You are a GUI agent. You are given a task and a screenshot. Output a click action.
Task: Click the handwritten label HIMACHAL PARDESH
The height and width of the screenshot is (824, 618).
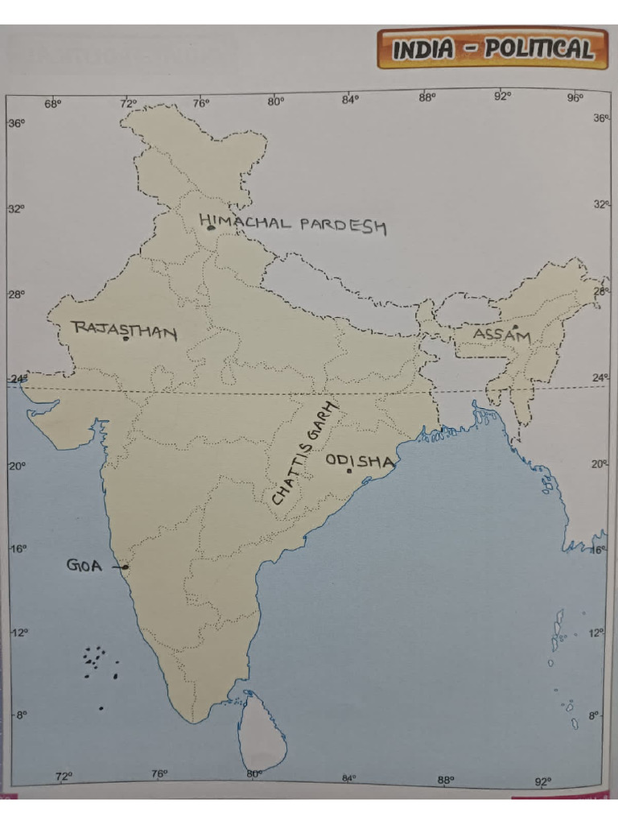(x=293, y=224)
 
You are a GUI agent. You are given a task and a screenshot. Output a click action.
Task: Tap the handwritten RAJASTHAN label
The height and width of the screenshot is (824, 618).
(x=124, y=329)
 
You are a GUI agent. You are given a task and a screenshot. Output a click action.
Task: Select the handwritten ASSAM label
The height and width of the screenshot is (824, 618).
(x=501, y=335)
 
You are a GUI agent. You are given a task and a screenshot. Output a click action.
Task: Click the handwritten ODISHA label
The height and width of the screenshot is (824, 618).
(x=360, y=461)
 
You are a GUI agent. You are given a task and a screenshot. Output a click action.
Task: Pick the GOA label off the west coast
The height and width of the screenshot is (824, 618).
(x=84, y=566)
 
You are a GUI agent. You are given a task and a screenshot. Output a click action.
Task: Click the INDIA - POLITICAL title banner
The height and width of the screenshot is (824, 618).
(x=492, y=49)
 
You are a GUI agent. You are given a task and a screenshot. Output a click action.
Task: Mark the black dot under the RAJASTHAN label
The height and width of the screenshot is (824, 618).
(x=126, y=338)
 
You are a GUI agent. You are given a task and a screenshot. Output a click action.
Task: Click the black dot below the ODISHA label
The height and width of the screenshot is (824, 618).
(x=349, y=471)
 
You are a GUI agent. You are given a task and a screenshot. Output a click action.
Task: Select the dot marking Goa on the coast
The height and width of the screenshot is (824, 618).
(x=126, y=567)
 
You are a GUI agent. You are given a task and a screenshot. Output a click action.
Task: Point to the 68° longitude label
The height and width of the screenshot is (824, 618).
(x=52, y=103)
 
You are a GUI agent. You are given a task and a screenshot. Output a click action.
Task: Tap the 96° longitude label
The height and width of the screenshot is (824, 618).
(x=575, y=98)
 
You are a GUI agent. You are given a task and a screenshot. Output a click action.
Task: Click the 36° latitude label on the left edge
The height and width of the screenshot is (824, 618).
(x=16, y=123)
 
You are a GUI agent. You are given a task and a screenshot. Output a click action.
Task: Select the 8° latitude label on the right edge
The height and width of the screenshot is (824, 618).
(x=594, y=715)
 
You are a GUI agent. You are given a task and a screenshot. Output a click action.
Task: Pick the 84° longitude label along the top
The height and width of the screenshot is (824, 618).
(x=350, y=100)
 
